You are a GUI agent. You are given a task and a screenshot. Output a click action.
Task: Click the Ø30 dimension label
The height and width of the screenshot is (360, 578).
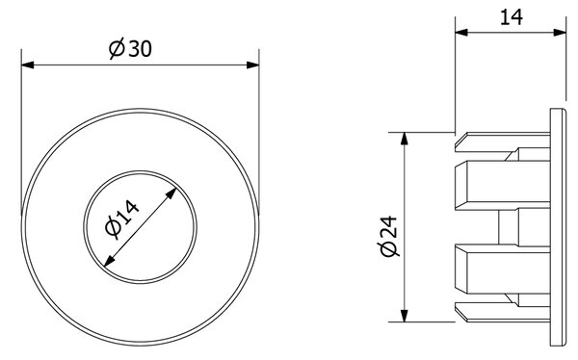point(130,49)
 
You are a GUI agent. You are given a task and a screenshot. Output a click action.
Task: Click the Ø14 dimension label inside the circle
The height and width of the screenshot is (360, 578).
point(122,219)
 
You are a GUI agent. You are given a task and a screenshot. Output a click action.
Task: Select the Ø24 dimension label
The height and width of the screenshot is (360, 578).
point(388,236)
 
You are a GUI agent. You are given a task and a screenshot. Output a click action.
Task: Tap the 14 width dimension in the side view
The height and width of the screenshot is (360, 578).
point(512,17)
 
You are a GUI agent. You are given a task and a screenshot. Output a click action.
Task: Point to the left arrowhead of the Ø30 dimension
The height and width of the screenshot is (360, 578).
point(28,65)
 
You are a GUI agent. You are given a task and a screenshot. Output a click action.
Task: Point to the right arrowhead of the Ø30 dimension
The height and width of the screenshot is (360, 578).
point(252,65)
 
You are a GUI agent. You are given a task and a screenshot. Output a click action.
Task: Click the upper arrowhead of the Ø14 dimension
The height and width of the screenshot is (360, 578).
point(171,193)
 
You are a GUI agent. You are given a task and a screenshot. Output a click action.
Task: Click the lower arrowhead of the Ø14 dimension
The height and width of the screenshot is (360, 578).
point(110,261)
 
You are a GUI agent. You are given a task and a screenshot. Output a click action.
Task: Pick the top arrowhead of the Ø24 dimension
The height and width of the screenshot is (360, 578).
point(405,139)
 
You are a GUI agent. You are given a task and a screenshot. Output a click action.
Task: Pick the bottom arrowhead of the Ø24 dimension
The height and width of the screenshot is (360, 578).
point(405,316)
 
